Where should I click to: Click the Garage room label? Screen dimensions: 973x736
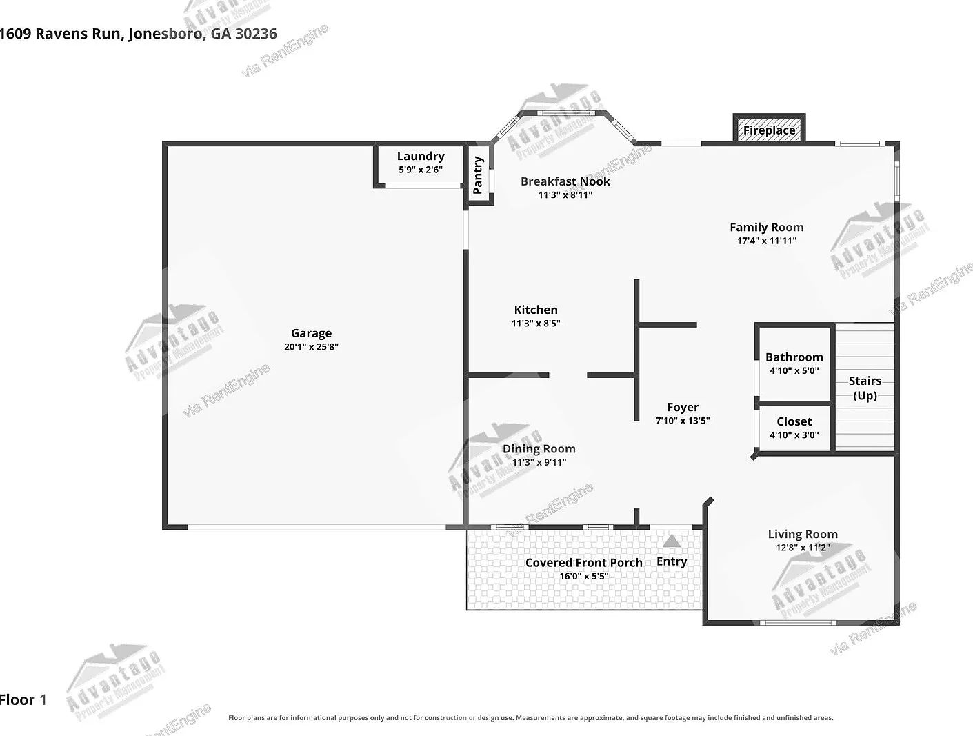(311, 333)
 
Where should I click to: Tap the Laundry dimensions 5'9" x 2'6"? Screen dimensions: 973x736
(420, 170)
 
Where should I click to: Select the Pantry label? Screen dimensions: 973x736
(478, 175)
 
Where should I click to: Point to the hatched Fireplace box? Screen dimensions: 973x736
(769, 130)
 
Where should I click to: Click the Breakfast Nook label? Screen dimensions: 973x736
(565, 181)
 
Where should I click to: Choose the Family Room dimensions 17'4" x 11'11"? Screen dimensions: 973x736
(766, 241)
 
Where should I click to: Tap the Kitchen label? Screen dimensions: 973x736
(536, 310)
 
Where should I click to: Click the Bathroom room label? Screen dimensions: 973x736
(794, 357)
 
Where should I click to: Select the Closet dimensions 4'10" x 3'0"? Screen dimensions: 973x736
(794, 435)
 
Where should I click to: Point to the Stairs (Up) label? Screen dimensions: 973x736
(865, 388)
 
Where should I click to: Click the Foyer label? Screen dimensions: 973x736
(683, 407)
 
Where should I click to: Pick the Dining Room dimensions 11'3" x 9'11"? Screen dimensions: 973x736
(539, 462)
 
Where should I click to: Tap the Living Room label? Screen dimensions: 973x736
(803, 535)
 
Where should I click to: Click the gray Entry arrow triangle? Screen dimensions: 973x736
(672, 541)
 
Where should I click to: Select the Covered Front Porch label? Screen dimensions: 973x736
(584, 563)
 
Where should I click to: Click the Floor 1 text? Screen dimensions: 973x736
(23, 699)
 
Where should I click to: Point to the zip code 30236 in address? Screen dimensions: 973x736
(256, 34)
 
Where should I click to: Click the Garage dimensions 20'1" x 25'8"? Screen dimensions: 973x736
(311, 347)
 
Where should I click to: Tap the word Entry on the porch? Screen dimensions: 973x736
(672, 561)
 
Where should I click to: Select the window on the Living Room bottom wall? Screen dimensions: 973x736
(798, 623)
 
